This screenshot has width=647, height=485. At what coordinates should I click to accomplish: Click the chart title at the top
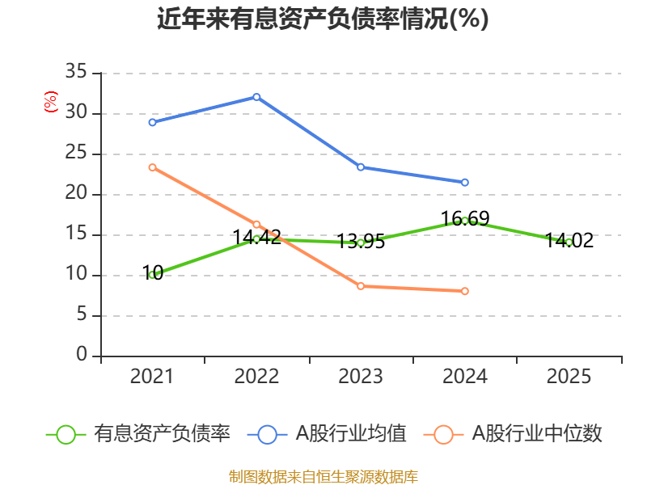tap(323, 19)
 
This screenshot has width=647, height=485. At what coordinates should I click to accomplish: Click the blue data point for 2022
tap(256, 97)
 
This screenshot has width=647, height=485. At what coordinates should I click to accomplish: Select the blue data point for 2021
tap(152, 122)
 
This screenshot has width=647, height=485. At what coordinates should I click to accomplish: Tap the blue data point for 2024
tap(465, 183)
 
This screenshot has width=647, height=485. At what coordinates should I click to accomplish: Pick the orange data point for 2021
tap(152, 167)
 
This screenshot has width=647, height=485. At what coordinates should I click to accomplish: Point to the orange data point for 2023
tap(361, 286)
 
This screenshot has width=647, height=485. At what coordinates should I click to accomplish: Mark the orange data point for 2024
tap(465, 291)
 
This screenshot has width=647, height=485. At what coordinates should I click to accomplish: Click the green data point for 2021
tap(152, 275)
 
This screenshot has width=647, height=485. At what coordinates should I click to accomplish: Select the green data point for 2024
tap(465, 220)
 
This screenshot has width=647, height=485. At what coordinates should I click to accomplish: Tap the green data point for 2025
tap(569, 242)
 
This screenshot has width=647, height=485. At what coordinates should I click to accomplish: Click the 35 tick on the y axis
tap(76, 73)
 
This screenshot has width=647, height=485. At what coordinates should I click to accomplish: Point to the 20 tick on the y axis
tap(76, 194)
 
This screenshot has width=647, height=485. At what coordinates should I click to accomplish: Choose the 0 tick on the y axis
tap(81, 356)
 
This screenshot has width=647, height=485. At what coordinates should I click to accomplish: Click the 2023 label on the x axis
tap(361, 377)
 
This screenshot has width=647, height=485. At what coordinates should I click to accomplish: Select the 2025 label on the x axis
tap(569, 377)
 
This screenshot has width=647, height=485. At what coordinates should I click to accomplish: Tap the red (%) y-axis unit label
tap(51, 103)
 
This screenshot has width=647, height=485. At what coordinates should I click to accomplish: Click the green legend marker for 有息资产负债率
tap(66, 434)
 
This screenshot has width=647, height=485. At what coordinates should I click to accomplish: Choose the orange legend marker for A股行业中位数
tap(444, 434)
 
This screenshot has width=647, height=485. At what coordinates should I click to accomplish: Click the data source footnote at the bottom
tap(323, 476)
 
